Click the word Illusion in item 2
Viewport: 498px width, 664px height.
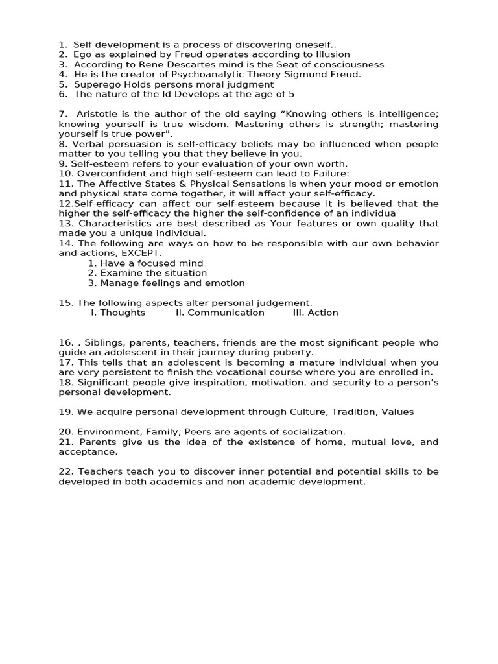(329, 54)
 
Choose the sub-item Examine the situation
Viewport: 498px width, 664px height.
(153, 273)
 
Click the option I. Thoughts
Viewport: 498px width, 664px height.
(118, 313)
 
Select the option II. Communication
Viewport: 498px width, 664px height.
(220, 313)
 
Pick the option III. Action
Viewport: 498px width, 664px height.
(315, 313)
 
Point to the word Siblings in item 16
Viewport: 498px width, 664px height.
(106, 342)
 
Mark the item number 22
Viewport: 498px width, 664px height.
(66, 471)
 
